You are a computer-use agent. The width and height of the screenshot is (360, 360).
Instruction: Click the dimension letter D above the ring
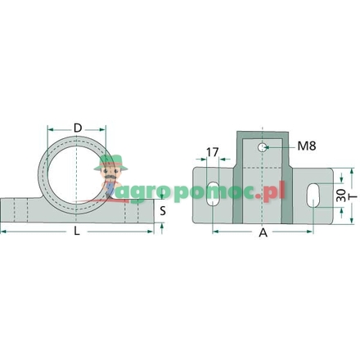point(77,128)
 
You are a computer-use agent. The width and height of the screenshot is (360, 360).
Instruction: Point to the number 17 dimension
point(213,152)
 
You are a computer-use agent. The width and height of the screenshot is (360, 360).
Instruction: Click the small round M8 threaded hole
point(262,147)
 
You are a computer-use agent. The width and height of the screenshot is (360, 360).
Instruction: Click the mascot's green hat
point(107,161)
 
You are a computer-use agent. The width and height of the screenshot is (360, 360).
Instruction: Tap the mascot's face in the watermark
point(107,173)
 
